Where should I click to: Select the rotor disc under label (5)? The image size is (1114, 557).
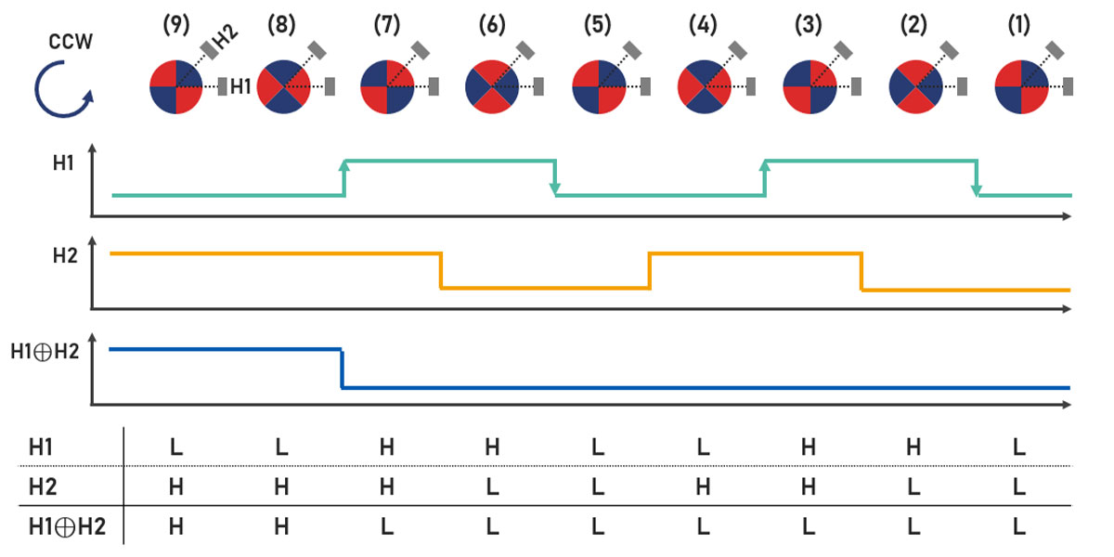pyautogui.click(x=598, y=87)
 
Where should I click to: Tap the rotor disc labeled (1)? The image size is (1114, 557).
pyautogui.click(x=1020, y=87)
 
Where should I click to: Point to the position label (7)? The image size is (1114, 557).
pyautogui.click(x=386, y=26)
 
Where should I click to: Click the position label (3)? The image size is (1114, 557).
pyautogui.click(x=809, y=26)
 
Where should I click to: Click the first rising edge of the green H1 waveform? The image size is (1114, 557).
pyautogui.click(x=344, y=177)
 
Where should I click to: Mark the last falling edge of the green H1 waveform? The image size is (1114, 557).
pyautogui.click(x=977, y=177)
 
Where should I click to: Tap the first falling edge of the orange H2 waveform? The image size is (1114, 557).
pyautogui.click(x=440, y=270)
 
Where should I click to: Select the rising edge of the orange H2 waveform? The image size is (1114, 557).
pyautogui.click(x=650, y=270)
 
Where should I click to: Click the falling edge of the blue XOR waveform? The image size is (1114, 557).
pyautogui.click(x=343, y=369)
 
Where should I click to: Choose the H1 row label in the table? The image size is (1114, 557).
pyautogui.click(x=42, y=447)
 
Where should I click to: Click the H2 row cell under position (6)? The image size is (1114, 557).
pyautogui.click(x=492, y=487)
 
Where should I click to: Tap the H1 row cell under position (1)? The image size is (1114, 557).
pyautogui.click(x=1019, y=447)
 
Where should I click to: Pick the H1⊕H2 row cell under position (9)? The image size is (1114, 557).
pyautogui.click(x=176, y=527)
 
